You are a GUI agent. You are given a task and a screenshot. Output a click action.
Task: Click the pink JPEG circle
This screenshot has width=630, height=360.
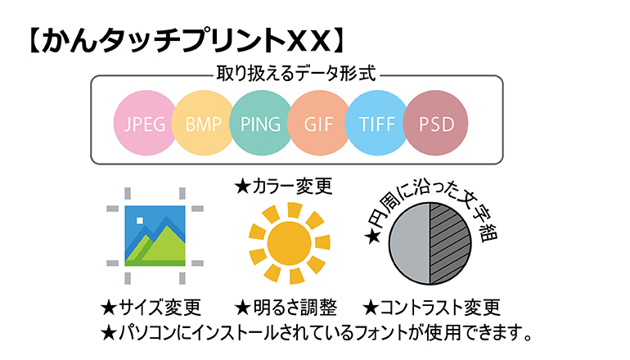(145, 123)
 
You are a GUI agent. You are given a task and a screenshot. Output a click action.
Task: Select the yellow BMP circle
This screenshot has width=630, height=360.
(203, 123)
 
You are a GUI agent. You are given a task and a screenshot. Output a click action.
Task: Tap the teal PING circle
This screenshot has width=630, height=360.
(261, 123)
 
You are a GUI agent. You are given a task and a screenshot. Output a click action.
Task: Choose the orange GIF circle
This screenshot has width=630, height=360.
(318, 123)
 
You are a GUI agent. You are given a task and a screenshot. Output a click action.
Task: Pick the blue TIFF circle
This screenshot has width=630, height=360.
(376, 123)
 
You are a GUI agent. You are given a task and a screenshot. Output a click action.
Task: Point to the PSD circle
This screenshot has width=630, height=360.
(436, 123)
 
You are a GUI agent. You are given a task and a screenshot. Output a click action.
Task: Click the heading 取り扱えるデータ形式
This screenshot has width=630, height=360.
(296, 74)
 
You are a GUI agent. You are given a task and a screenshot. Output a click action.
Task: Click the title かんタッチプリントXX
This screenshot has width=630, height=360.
(187, 41)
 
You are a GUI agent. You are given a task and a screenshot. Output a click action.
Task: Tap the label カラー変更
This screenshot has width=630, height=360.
(293, 187)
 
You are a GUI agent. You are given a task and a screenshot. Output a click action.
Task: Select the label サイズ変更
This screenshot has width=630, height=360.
(160, 308)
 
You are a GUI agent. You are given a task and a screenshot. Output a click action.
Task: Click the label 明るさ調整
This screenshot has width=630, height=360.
(295, 308)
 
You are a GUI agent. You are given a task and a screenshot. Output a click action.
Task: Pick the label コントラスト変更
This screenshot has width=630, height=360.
(440, 308)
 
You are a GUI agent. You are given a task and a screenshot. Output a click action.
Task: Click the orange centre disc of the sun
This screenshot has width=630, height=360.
(290, 243)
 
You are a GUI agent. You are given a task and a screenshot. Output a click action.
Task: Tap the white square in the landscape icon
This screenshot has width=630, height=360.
(140, 221)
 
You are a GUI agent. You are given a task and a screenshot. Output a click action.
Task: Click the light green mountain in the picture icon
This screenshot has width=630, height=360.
(164, 246)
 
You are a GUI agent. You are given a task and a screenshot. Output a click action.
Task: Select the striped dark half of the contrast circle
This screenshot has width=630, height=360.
(450, 244)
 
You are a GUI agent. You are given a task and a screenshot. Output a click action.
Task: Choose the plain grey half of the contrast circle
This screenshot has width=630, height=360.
(409, 244)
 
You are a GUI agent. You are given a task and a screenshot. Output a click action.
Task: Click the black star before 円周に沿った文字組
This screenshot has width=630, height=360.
(372, 236)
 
